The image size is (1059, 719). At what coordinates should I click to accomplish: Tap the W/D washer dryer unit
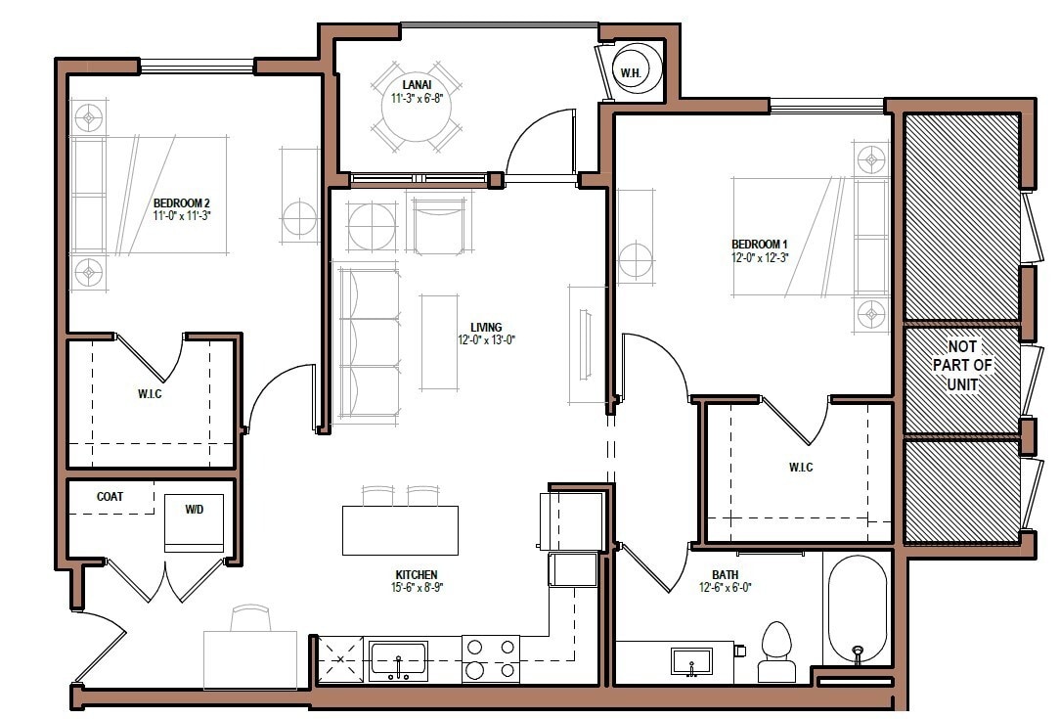pos(194,521)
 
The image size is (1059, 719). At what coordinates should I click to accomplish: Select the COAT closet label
pos(110,497)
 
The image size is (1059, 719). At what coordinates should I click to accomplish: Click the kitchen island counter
pos(400,529)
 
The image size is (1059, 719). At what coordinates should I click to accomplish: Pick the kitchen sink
pos(398,659)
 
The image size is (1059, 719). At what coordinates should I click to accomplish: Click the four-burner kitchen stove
pos(490,658)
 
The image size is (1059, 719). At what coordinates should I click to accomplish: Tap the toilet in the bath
pos(777,652)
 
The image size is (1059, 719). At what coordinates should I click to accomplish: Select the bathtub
pos(858,609)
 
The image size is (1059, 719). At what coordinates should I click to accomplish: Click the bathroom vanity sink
pos(691,661)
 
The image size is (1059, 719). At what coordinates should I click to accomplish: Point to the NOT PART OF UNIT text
pos(968,365)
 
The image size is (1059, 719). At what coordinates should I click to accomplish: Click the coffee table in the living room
pos(439,341)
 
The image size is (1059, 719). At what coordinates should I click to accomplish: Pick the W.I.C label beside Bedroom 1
pos(801,468)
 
